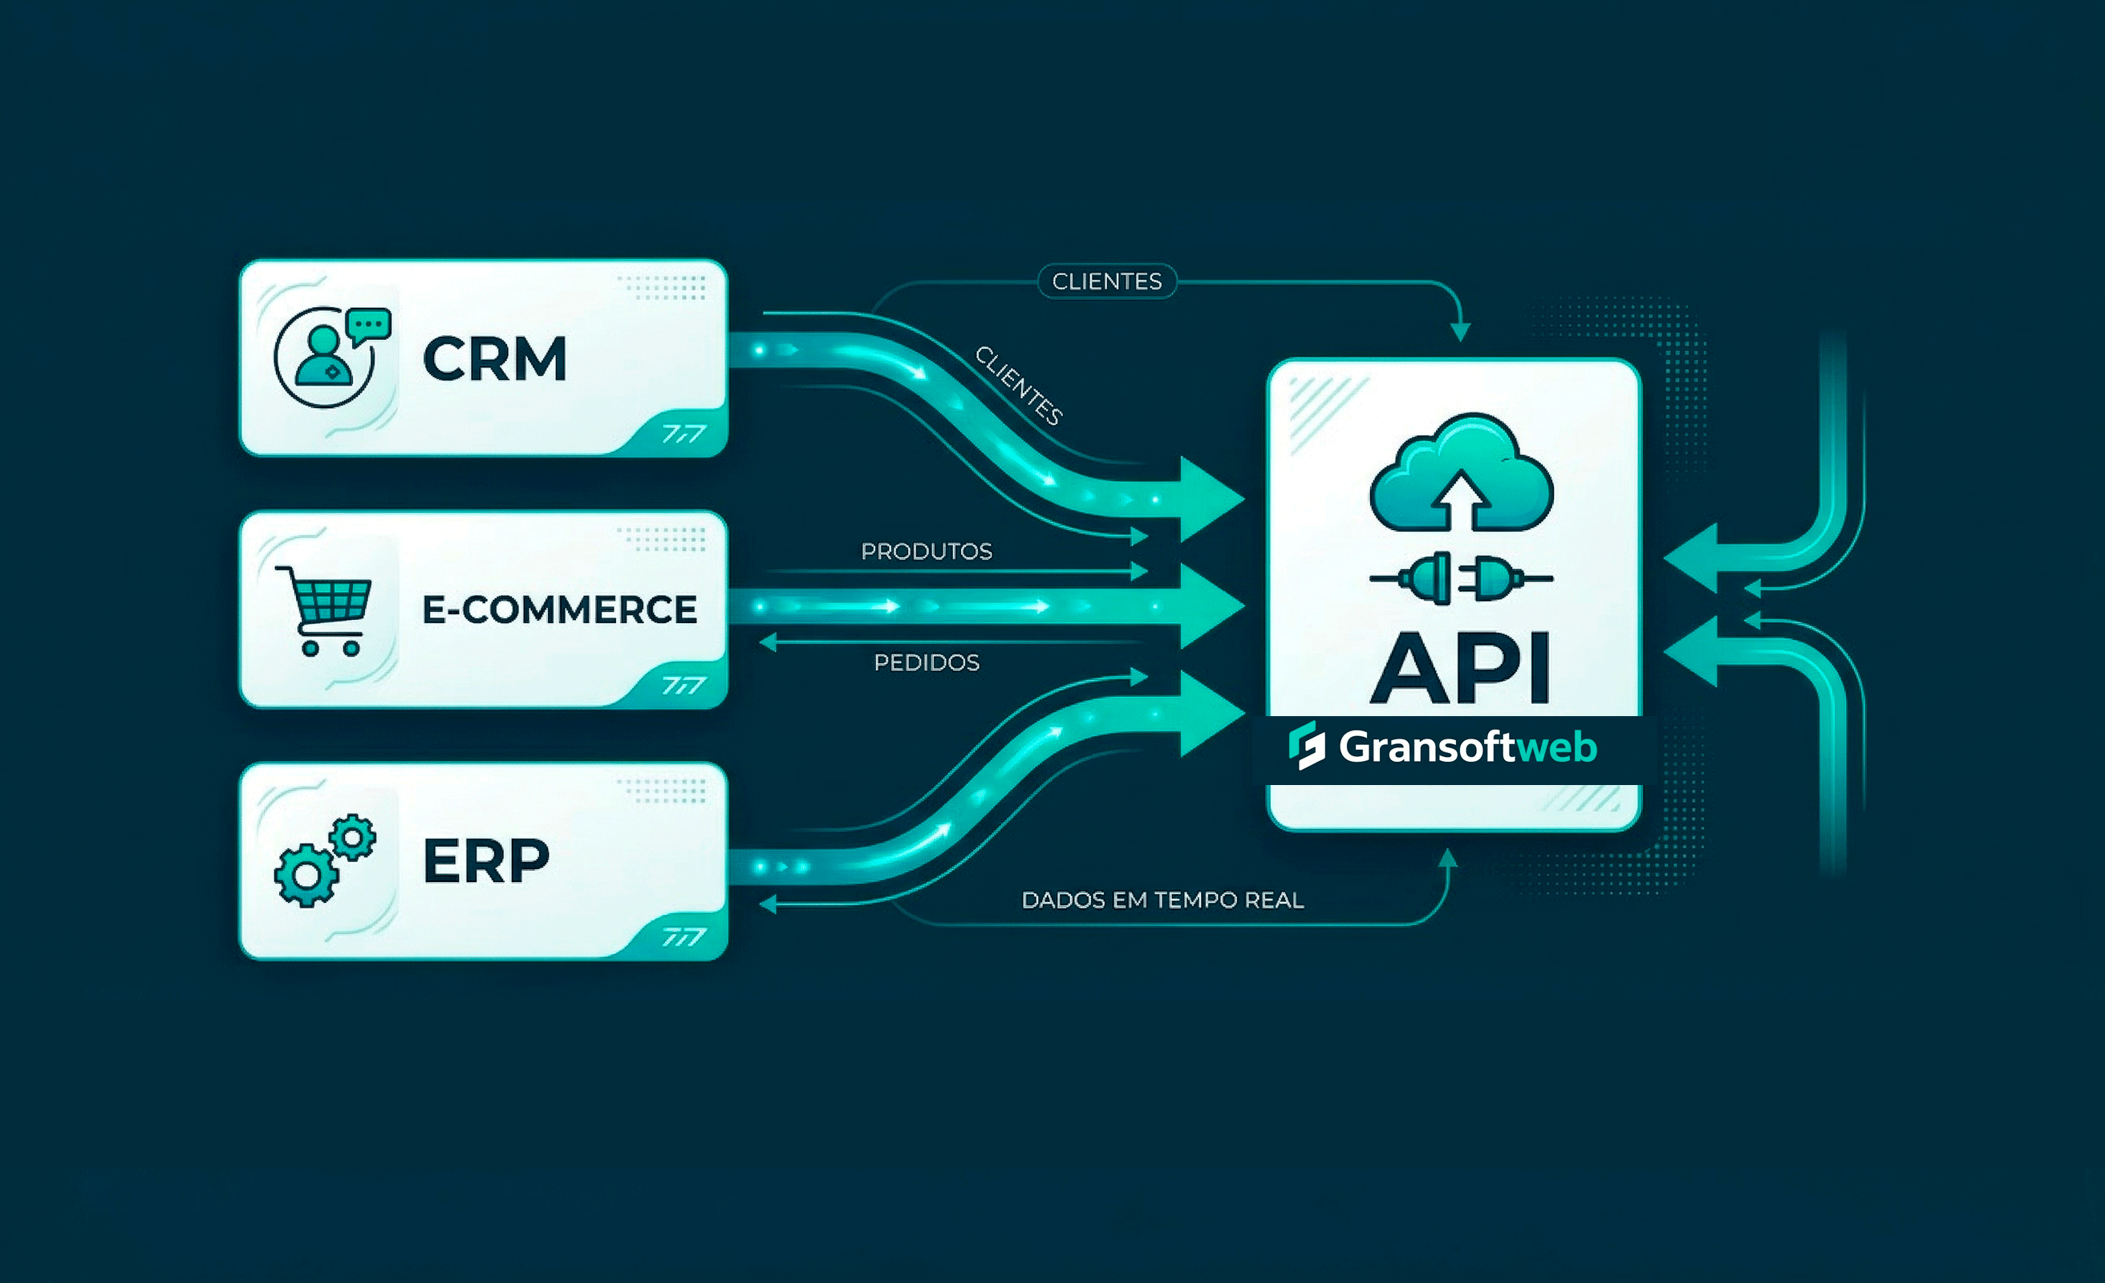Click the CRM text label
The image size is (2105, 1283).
tap(495, 358)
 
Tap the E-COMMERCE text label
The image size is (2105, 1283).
tap(560, 610)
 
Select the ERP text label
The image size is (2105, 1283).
tap(486, 860)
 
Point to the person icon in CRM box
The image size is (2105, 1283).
tap(324, 358)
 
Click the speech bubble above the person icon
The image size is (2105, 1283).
tap(369, 326)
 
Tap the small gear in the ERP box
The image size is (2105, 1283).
tap(353, 836)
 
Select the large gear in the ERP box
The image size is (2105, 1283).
tap(305, 875)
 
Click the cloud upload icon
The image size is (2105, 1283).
tap(1461, 472)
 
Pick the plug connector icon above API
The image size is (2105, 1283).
tap(1461, 578)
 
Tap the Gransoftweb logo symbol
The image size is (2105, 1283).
tap(1307, 746)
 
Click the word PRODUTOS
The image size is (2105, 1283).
tap(926, 552)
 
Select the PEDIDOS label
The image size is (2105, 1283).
tap(926, 663)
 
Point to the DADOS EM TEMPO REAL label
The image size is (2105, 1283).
tap(1162, 901)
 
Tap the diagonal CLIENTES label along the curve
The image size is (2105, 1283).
tap(1019, 386)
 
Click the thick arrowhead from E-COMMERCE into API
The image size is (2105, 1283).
tap(1211, 606)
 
